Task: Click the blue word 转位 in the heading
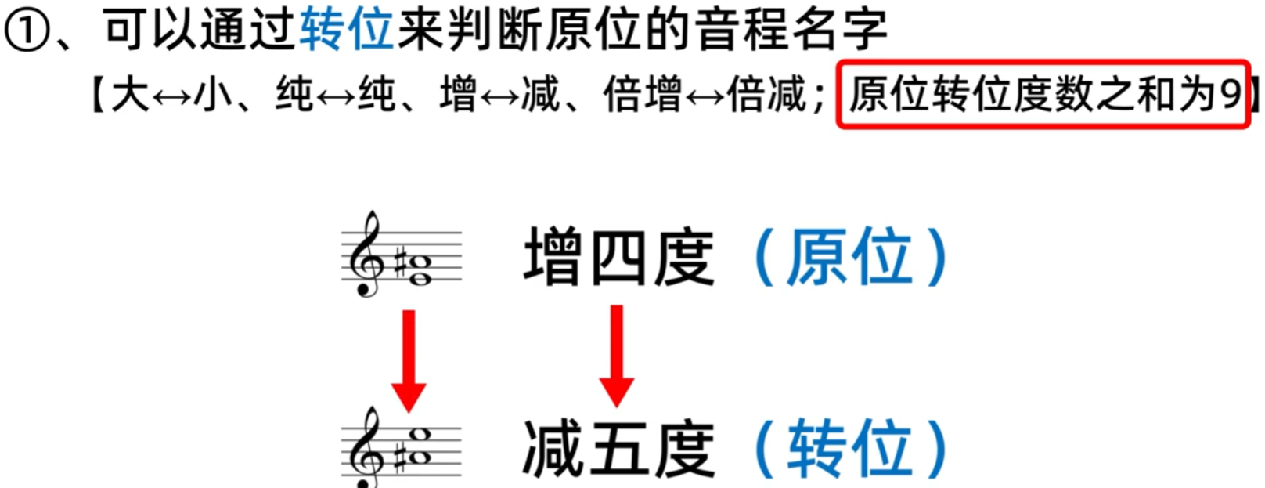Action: point(345,31)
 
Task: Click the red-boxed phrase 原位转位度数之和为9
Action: point(1043,95)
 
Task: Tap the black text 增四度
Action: point(618,257)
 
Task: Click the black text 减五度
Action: point(618,449)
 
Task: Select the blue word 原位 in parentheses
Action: point(849,257)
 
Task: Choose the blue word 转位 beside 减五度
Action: point(849,449)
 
